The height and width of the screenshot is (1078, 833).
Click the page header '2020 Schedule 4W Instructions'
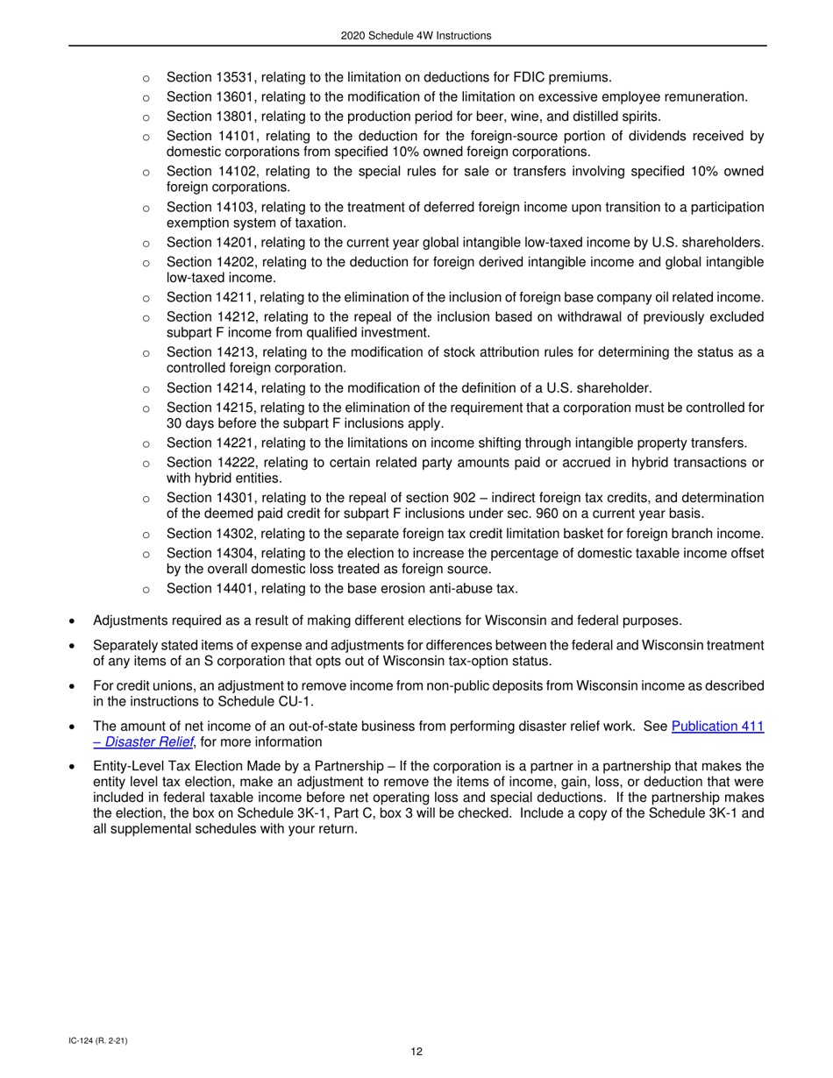[x=416, y=36]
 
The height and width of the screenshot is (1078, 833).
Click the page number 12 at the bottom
[x=416, y=1053]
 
